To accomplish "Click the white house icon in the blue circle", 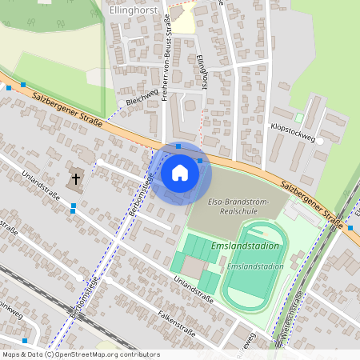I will pyautogui.click(x=180, y=171).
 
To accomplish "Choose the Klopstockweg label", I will pyautogui.click(x=294, y=132).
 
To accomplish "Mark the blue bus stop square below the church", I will pyautogui.click(x=74, y=207).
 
